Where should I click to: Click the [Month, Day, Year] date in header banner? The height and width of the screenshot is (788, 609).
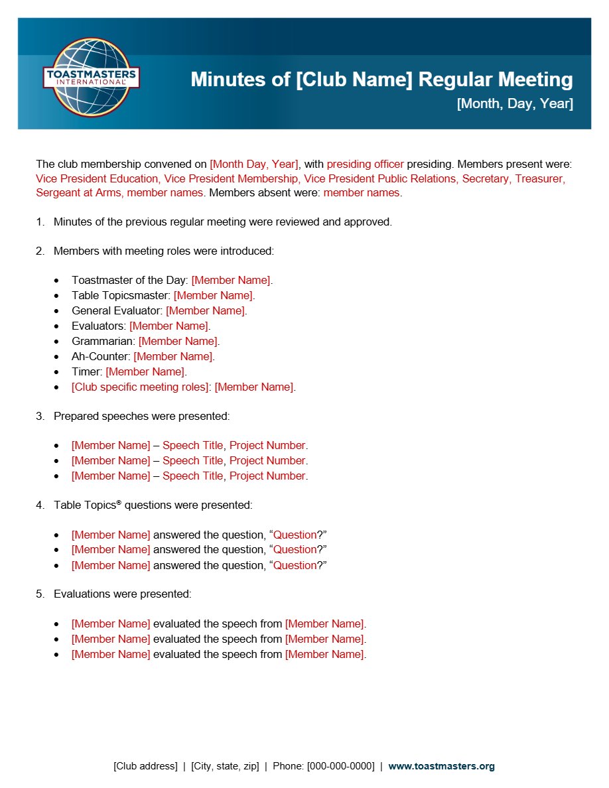pos(515,103)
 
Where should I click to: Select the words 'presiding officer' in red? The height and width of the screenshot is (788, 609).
pos(365,164)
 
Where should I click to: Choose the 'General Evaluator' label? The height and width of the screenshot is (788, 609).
pos(116,310)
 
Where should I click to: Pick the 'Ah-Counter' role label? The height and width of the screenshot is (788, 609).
pos(101,356)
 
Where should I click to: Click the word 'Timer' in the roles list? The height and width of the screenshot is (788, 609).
pos(86,371)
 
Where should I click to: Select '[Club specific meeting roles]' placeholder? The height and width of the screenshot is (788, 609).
pos(140,387)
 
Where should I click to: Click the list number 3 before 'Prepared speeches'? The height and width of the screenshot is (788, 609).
pos(39,417)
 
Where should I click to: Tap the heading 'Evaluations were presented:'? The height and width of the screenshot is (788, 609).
pos(122,594)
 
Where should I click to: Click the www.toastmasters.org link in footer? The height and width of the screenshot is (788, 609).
pos(441,766)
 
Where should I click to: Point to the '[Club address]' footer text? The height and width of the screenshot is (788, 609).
pos(145,766)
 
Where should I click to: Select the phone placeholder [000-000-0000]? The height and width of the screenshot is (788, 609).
pos(340,766)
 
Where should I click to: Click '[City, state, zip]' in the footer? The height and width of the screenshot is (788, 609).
pos(225,766)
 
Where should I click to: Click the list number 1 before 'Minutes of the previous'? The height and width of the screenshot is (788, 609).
pos(39,222)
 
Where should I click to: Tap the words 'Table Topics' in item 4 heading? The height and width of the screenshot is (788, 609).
pos(84,505)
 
